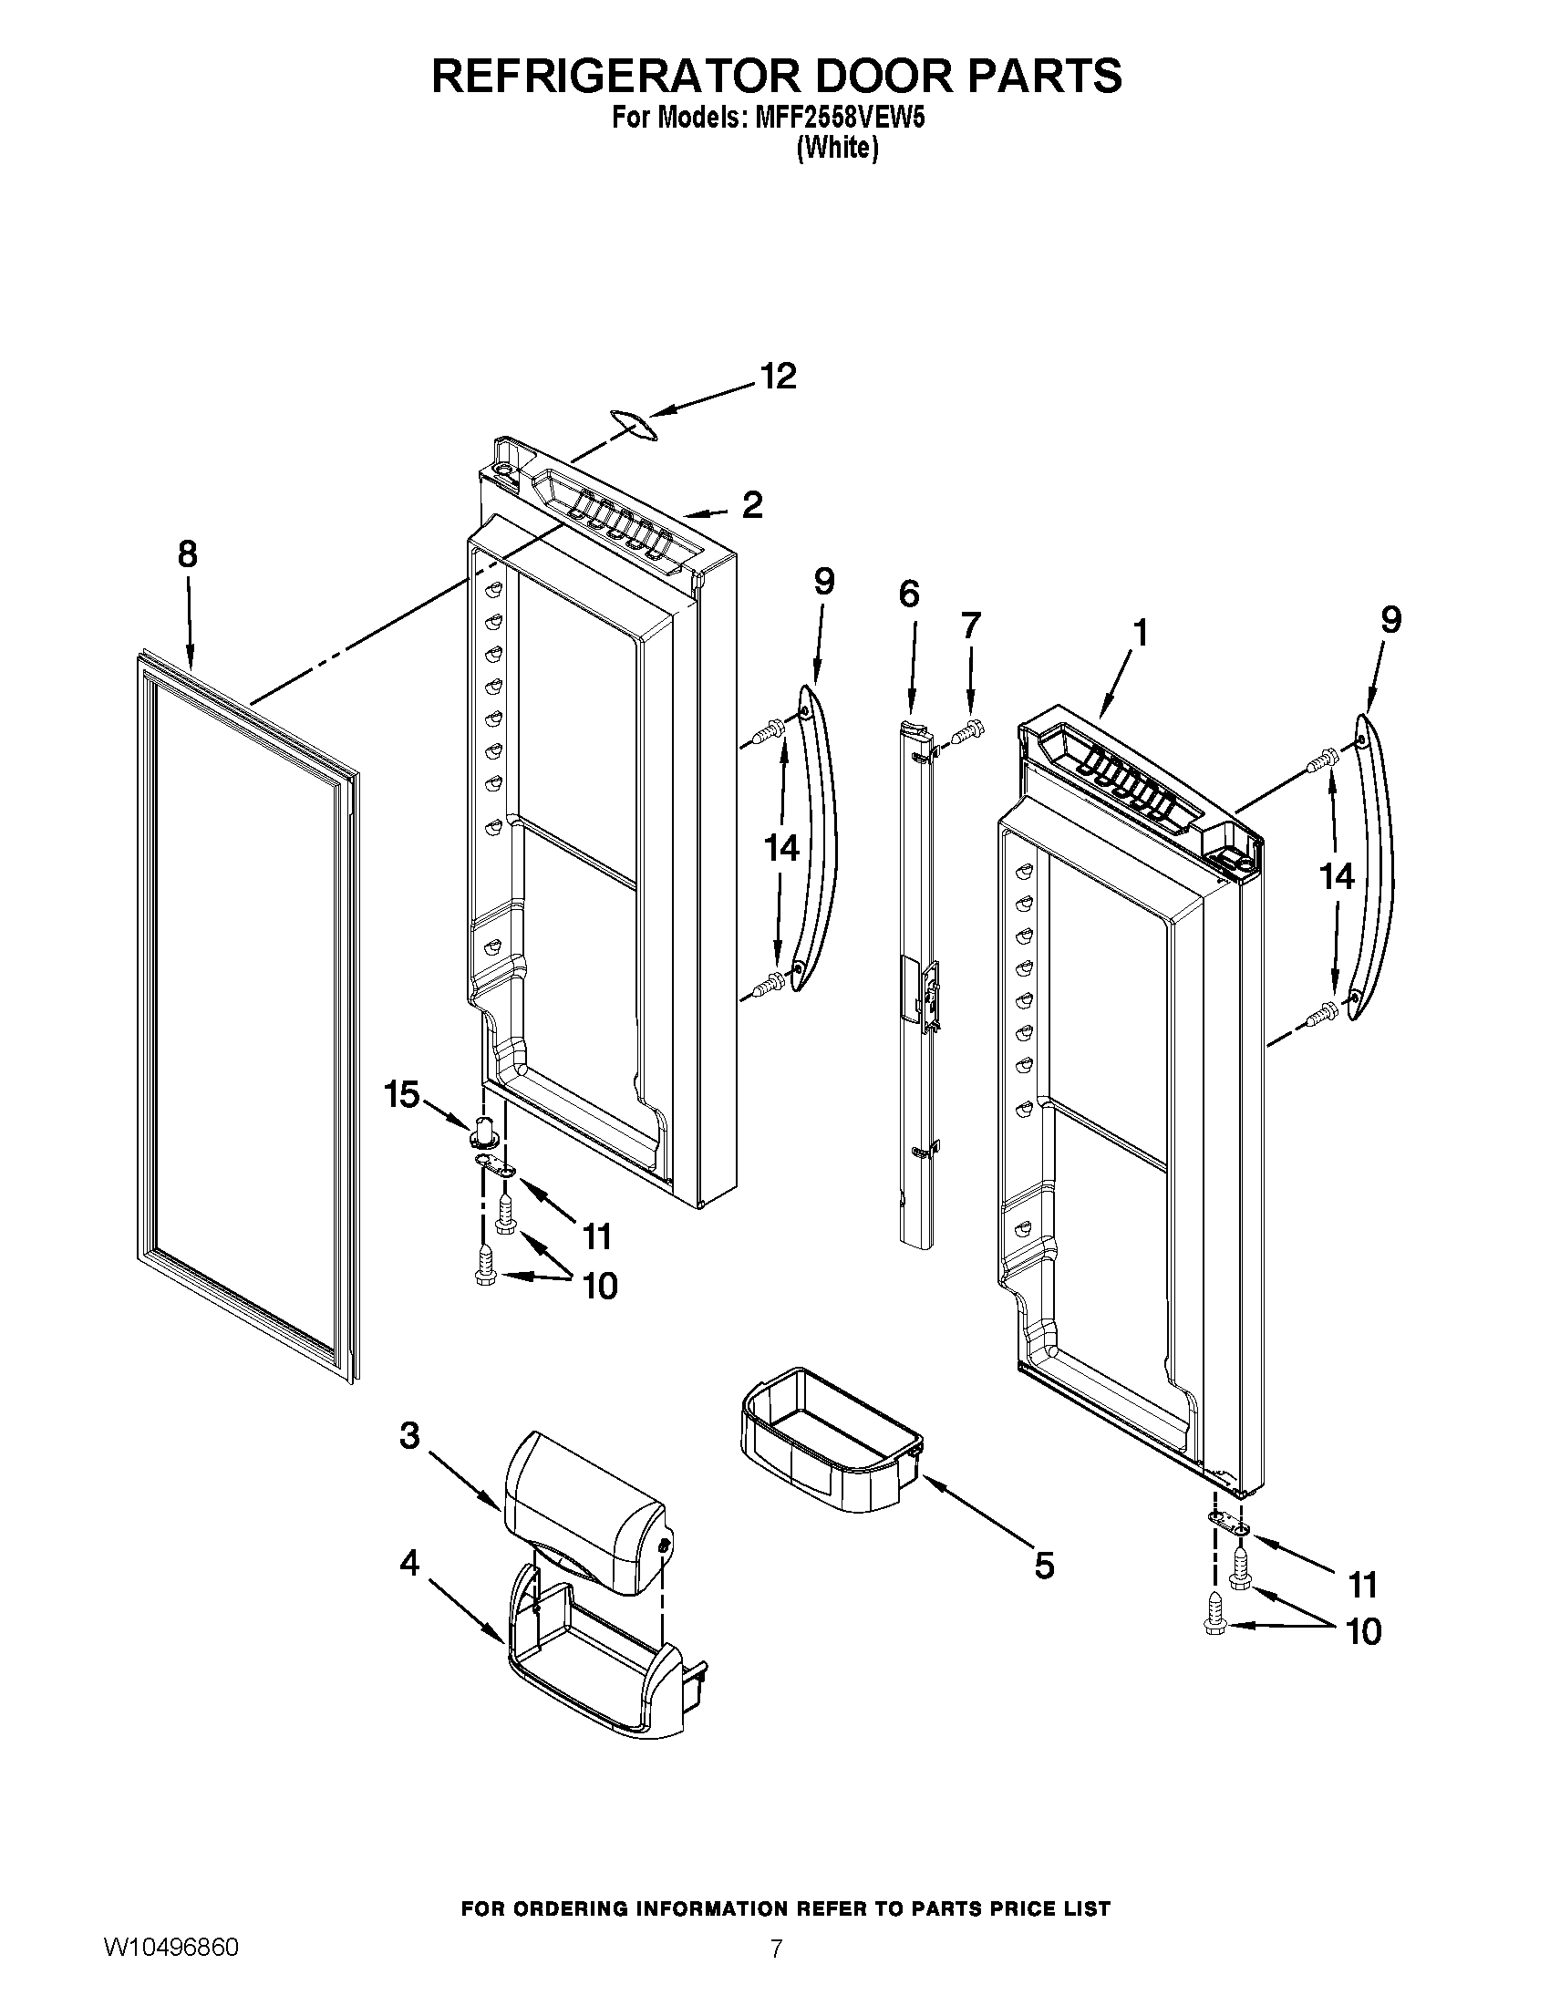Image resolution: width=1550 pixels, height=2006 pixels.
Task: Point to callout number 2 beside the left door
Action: click(752, 504)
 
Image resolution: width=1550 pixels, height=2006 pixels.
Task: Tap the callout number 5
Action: click(1044, 1564)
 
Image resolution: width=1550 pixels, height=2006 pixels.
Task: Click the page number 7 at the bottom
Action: click(776, 1967)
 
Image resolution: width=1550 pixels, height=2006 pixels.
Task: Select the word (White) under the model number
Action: click(836, 147)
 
